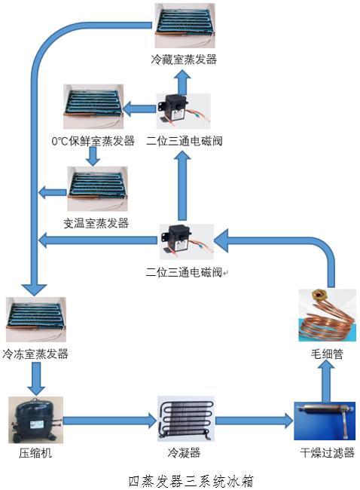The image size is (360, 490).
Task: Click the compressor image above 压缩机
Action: pos(34,421)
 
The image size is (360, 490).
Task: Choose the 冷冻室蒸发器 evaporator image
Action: pos(35,321)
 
